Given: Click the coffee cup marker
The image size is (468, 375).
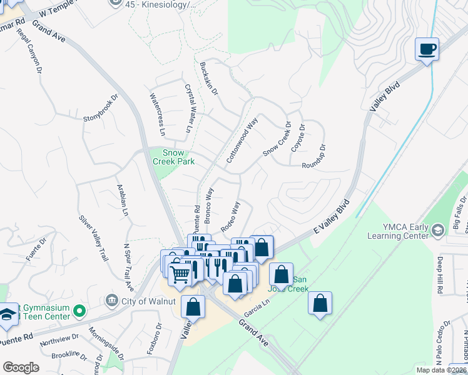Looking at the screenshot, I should click(x=427, y=49).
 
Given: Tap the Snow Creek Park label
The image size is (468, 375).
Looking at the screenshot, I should click(x=173, y=157).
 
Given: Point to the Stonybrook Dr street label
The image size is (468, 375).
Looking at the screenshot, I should click(x=100, y=109).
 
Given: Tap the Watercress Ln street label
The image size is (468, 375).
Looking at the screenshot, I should click(x=157, y=114).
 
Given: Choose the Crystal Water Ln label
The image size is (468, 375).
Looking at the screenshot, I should click(x=188, y=109).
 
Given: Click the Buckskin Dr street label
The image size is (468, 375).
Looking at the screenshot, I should click(x=209, y=77).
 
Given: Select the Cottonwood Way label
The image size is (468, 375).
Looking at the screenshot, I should click(x=242, y=141).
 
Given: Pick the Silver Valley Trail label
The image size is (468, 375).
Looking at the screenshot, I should click(x=93, y=238).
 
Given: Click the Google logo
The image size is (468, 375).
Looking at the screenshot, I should click(x=21, y=367).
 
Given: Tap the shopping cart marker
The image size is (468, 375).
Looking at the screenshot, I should click(x=180, y=273).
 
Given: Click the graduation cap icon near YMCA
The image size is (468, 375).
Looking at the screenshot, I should click(x=439, y=231).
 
